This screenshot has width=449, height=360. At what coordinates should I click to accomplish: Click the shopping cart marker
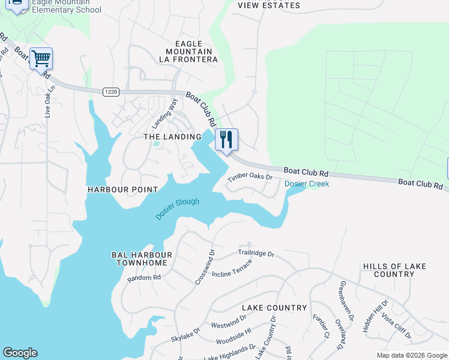click(41, 59)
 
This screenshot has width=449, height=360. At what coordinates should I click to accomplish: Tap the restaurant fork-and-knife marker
click(226, 140)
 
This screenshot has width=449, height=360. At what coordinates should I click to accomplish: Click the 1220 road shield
click(110, 91)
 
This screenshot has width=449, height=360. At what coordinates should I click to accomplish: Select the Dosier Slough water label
click(177, 208)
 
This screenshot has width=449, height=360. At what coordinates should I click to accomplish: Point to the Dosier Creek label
click(307, 184)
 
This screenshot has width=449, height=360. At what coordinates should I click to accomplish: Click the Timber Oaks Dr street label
click(250, 178)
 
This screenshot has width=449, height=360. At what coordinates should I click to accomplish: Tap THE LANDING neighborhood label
click(172, 137)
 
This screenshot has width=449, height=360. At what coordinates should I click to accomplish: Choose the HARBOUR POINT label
click(123, 190)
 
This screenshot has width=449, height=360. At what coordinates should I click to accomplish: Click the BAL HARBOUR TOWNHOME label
click(142, 259)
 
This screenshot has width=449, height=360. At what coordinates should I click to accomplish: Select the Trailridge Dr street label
click(256, 254)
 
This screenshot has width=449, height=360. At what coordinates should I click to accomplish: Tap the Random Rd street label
click(144, 278)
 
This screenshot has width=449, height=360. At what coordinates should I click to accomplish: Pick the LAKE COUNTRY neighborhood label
click(274, 308)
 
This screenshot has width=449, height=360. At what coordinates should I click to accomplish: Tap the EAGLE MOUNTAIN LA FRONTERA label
click(188, 52)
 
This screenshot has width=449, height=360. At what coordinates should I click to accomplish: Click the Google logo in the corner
click(20, 353)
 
